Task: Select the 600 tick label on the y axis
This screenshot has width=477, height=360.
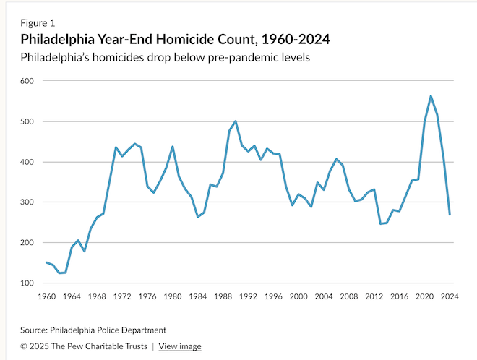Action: (x=27, y=81)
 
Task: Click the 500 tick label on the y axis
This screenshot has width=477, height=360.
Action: (x=27, y=121)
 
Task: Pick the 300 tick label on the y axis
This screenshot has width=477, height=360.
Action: (x=27, y=202)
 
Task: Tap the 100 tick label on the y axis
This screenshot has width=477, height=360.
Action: (x=27, y=283)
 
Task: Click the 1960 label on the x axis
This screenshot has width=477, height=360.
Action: (x=46, y=296)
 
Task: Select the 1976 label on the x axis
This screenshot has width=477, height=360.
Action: (x=147, y=296)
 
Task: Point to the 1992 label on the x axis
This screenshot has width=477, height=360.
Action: (x=249, y=296)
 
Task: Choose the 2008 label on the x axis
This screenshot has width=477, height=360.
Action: (x=350, y=296)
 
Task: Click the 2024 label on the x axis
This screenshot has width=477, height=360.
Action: (x=450, y=296)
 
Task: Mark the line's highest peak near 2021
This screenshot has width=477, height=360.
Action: (x=431, y=96)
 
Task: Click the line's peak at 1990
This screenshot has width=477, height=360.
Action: (x=236, y=121)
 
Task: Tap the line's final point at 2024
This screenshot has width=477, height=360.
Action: (x=450, y=214)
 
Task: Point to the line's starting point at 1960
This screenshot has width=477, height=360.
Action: (x=46, y=262)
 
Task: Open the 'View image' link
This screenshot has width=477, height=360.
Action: (x=179, y=346)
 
